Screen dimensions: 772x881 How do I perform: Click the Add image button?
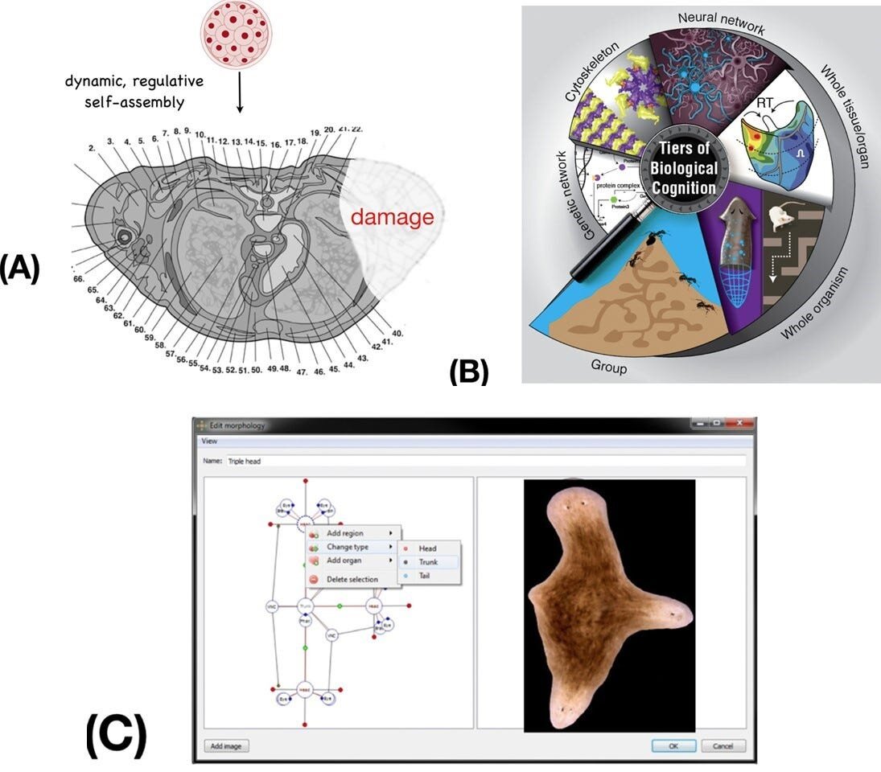coord(227,745)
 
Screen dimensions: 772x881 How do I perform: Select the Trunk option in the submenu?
coord(427,562)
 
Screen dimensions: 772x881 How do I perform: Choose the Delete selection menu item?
coord(352,579)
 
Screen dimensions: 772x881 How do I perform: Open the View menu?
coord(208,441)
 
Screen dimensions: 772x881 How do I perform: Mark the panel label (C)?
coord(116,735)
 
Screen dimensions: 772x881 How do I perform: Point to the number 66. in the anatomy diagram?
coord(78,278)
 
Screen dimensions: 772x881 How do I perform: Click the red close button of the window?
coord(741,425)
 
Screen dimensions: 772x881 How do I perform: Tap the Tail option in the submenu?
coord(425,576)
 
